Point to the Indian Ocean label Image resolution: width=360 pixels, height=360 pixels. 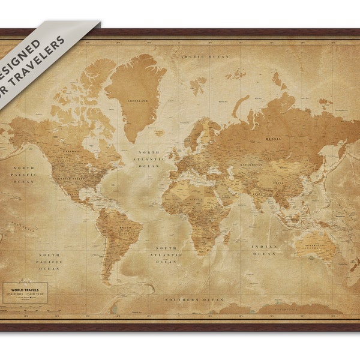(x=265, y=250)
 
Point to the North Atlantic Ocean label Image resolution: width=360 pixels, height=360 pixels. (x=149, y=159)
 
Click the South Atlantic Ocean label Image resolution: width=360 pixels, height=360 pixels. (x=166, y=255)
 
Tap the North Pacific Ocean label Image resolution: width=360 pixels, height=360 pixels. (x=24, y=174)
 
